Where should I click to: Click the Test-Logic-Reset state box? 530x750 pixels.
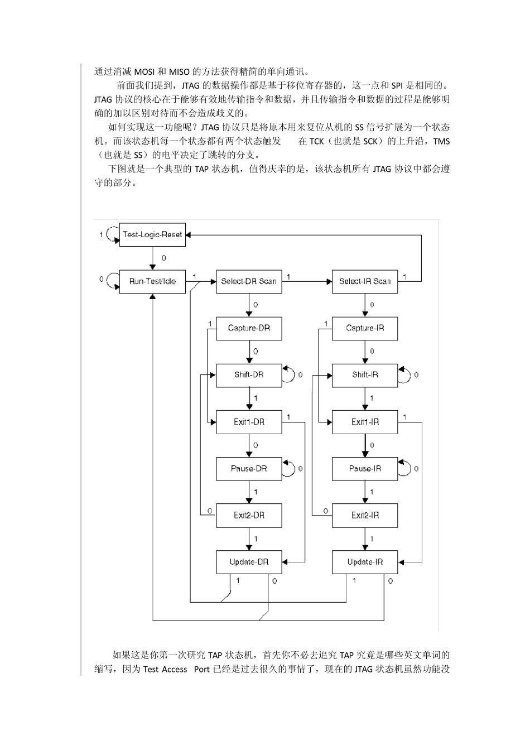pos(152,235)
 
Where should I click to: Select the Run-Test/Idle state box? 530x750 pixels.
pos(152,281)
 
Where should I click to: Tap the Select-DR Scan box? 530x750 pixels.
pos(249,281)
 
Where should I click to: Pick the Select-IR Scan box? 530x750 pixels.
pos(365,281)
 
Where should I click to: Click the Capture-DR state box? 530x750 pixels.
pos(249,328)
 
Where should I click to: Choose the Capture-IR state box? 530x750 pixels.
pos(365,328)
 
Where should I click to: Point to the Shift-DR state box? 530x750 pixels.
pos(249,375)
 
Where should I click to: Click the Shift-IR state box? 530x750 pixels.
pos(365,375)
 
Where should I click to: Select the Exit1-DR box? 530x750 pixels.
pos(249,422)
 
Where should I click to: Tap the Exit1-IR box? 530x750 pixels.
pos(365,422)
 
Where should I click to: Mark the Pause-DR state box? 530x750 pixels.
pos(249,469)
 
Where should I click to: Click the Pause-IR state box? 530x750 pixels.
pos(365,469)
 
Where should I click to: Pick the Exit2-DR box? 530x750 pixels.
pos(249,515)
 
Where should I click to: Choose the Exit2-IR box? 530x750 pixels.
pos(365,515)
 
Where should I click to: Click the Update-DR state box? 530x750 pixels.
pos(249,562)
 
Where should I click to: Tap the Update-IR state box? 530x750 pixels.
pos(365,562)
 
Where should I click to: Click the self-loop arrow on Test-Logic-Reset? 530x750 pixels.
pos(111,234)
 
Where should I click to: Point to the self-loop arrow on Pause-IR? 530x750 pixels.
pos(406,468)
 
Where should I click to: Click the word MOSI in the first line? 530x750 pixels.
pos(145,71)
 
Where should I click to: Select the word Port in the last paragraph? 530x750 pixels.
pos(202,669)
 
